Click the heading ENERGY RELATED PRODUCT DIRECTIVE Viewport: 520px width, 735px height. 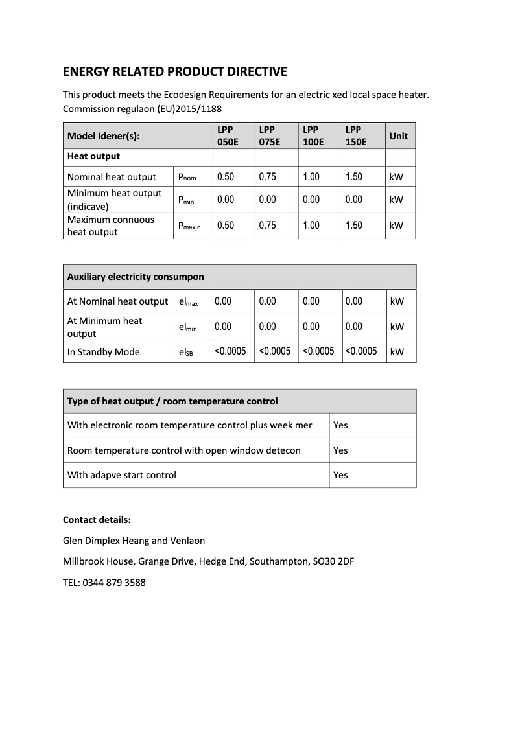coord(174,71)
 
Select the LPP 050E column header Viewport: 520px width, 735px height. coord(228,136)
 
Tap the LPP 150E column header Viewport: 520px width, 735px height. coord(356,136)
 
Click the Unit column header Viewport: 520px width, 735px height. coord(398,136)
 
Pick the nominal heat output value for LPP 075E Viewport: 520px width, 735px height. coord(267,177)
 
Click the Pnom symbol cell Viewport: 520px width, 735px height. coord(187,177)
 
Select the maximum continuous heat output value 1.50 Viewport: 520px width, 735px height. coord(354,226)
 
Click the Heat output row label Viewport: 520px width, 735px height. coord(93,156)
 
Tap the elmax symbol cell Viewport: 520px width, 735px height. coord(188,301)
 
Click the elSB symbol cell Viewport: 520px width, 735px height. coord(185,352)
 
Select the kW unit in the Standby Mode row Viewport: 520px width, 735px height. coord(397,352)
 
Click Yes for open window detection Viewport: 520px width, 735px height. coord(340,450)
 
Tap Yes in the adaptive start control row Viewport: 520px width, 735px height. coord(340,475)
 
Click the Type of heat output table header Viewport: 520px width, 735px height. coord(172,401)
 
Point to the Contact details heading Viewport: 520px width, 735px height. coord(97,520)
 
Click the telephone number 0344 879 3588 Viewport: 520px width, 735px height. coord(114,583)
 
